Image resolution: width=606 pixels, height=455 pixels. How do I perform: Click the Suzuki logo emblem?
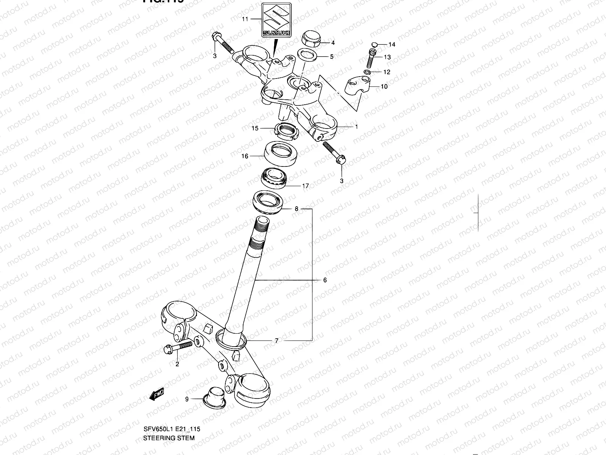click(x=276, y=20)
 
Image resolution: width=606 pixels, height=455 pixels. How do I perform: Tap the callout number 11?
click(x=245, y=19)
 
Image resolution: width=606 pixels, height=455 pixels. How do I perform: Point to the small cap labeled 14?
click(x=374, y=44)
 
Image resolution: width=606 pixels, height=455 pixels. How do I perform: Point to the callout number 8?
click(x=297, y=209)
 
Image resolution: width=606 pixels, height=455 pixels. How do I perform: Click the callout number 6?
click(x=325, y=280)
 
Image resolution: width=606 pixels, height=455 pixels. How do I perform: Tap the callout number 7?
click(x=277, y=341)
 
